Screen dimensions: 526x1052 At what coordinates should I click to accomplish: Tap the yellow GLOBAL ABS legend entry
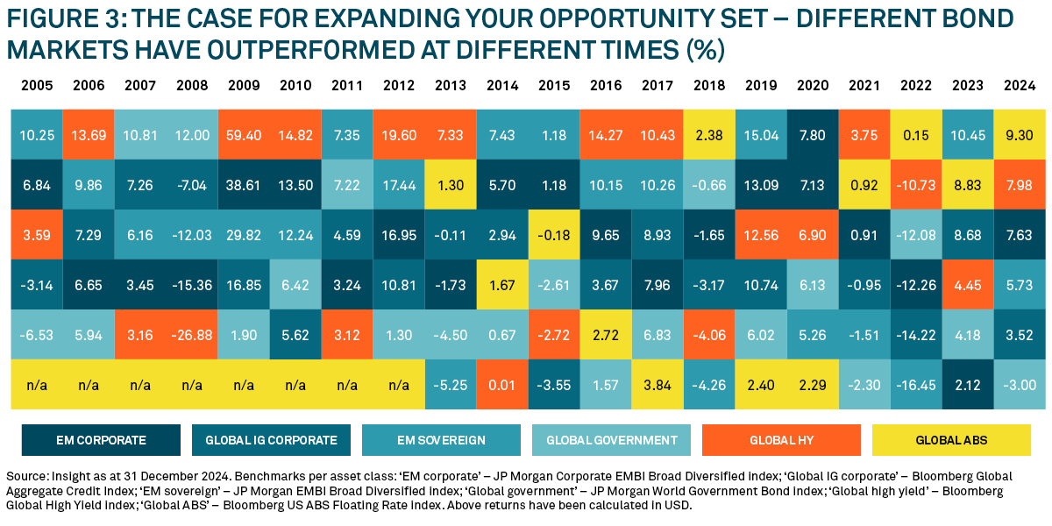click(x=951, y=440)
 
